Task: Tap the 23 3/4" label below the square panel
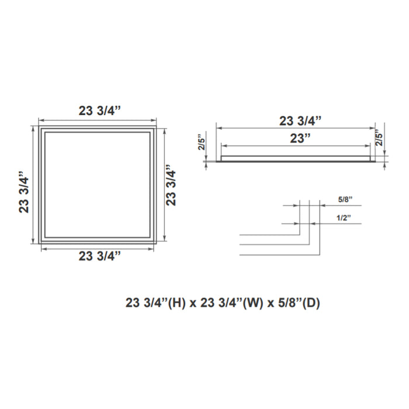tap(100, 256)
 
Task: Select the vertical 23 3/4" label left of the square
tap(24, 193)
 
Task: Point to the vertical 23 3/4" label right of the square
tap(171, 186)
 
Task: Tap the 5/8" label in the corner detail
tap(345, 199)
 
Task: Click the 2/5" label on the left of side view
tap(202, 142)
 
